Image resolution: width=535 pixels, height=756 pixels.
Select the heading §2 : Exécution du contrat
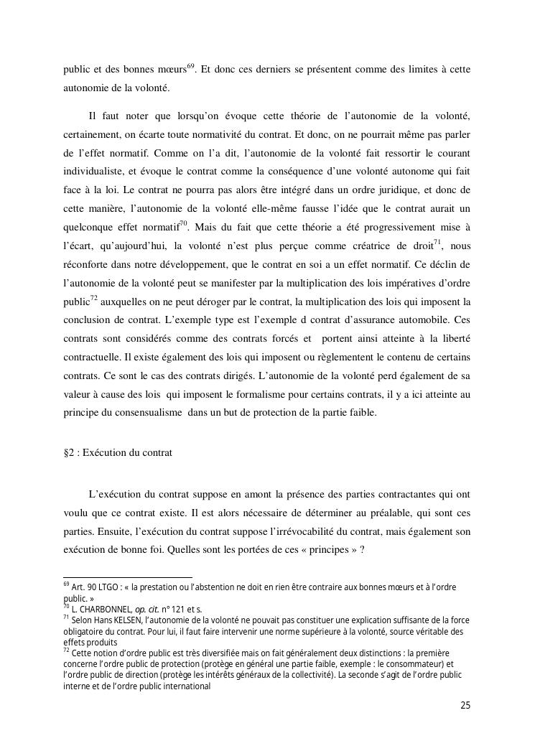[118, 454]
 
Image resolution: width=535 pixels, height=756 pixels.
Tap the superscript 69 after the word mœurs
[191, 67]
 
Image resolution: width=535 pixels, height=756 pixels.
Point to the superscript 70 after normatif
[183, 223]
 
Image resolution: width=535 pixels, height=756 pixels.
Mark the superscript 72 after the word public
[93, 298]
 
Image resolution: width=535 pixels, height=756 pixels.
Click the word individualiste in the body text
[92, 171]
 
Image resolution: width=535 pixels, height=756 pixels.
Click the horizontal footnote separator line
[128, 576]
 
